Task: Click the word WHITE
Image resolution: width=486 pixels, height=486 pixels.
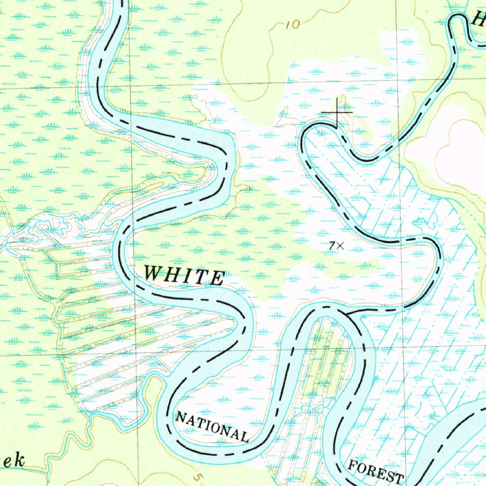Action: pos(184,275)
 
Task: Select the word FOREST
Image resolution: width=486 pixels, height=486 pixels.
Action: pos(376,472)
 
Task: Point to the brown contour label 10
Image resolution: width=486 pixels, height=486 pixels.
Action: pos(293,25)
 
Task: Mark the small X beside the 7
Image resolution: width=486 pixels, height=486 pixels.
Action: pos(340,245)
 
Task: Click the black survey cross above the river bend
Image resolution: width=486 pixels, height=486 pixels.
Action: pos(337,112)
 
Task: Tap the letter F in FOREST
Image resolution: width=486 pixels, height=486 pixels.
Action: pos(354,465)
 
